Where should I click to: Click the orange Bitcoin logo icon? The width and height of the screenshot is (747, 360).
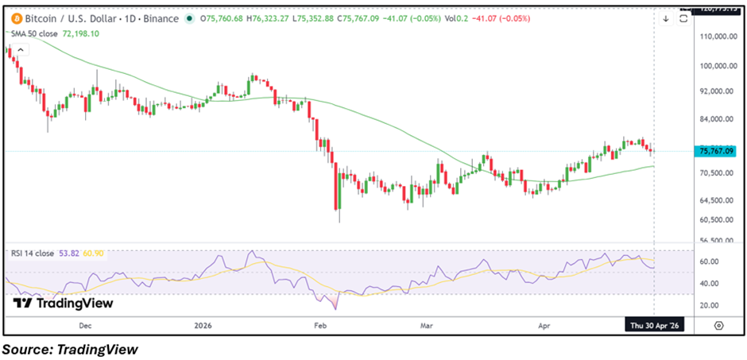tap(14, 17)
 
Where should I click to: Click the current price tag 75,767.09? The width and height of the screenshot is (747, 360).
tap(716, 151)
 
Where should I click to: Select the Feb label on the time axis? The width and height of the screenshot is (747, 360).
tap(320, 325)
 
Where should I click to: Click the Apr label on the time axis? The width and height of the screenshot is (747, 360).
tap(545, 325)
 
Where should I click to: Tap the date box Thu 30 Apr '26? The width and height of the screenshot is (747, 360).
tap(654, 325)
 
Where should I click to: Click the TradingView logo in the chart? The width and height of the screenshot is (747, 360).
tap(64, 303)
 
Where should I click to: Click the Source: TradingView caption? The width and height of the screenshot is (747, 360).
tap(70, 348)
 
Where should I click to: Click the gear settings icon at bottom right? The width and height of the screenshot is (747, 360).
tap(718, 325)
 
